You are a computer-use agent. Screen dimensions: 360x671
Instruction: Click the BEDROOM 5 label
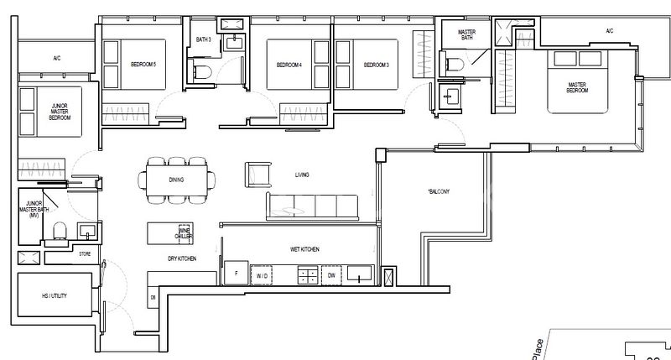click(143, 65)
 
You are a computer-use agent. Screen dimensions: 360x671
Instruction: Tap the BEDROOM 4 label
click(289, 65)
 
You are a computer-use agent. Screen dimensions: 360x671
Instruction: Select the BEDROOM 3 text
click(376, 65)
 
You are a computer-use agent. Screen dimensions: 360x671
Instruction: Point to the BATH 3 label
click(204, 39)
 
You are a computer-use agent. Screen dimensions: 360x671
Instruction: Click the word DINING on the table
click(175, 180)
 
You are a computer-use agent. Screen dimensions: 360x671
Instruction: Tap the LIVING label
click(303, 175)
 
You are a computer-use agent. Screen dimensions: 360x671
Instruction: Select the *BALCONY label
click(439, 191)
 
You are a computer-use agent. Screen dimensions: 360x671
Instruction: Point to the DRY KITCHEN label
click(181, 259)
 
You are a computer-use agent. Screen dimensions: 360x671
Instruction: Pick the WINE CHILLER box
click(185, 234)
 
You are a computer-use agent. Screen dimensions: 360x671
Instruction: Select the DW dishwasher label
click(332, 274)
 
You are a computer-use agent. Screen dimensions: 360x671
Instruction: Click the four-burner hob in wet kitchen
click(308, 274)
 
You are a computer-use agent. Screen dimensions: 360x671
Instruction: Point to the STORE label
click(84, 252)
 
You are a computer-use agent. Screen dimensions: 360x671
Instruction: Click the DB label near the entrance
click(153, 298)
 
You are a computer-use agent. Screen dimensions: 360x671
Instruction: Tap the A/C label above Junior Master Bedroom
click(57, 59)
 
